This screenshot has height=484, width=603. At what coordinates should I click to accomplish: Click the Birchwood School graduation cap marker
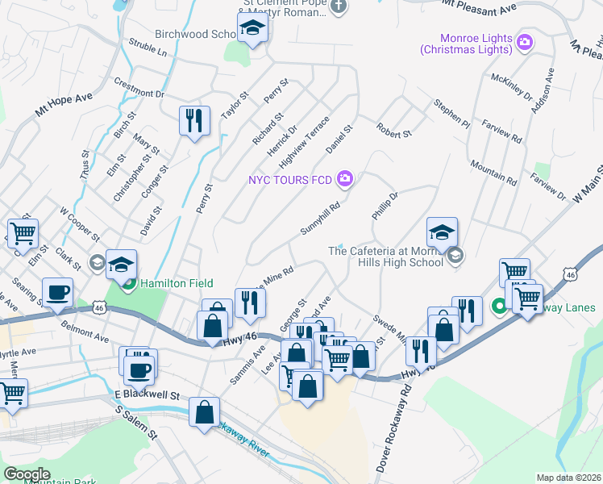(x=253, y=31)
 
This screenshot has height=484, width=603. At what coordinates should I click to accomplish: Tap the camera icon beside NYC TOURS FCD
(x=345, y=178)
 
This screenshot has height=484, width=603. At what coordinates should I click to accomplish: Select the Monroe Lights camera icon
(x=525, y=42)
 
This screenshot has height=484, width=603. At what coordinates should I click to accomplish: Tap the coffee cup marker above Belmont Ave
(x=57, y=293)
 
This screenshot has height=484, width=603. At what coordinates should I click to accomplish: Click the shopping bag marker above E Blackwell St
(x=205, y=411)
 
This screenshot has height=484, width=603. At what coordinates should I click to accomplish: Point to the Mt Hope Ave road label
(x=64, y=106)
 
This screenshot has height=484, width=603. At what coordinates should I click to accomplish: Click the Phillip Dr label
(x=385, y=206)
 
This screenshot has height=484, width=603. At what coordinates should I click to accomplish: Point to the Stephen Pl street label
(x=451, y=115)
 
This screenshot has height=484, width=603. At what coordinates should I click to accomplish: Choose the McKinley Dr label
(x=512, y=89)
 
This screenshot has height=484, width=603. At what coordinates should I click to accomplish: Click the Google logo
(x=27, y=474)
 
